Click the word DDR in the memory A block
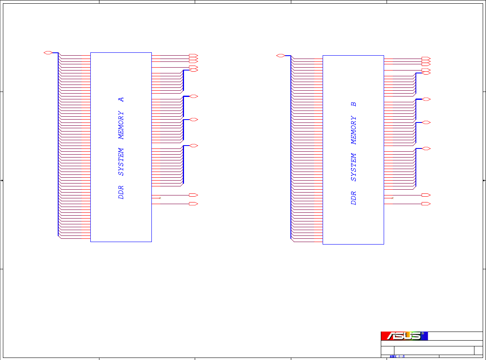[121, 193]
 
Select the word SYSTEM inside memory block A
[121, 162]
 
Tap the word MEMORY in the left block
[121, 125]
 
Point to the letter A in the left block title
[121, 99]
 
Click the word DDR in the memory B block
[354, 198]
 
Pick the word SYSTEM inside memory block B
[354, 167]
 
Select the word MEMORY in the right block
[354, 130]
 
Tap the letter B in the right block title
[354, 104]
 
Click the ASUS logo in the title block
[404, 336]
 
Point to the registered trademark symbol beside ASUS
[422, 334]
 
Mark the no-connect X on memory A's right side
[160, 198]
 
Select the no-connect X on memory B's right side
[392, 198]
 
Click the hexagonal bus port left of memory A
[48, 53]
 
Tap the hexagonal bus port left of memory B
[280, 56]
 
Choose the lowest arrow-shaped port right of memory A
[193, 204]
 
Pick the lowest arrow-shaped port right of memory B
[426, 204]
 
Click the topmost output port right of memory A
[193, 55]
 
